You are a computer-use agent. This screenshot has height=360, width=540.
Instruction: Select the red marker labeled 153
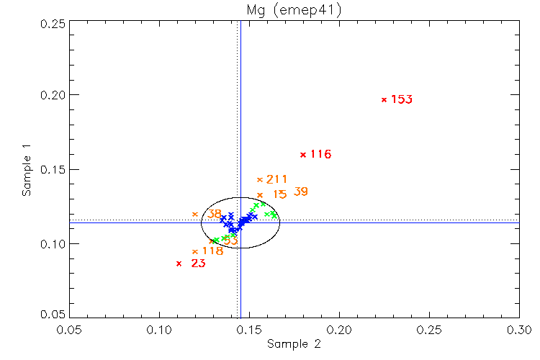[x=384, y=99]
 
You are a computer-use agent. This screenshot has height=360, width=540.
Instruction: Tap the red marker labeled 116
[x=303, y=154]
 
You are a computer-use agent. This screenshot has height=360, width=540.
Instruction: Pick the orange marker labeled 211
[x=260, y=179]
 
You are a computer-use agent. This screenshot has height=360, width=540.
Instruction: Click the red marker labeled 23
[x=179, y=264]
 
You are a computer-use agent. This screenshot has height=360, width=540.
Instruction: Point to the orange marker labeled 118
[x=195, y=251]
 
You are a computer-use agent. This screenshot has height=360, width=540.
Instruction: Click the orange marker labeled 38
[x=195, y=214]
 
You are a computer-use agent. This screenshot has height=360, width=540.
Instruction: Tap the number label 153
[x=402, y=99]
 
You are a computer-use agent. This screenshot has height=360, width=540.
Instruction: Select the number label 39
[x=301, y=192]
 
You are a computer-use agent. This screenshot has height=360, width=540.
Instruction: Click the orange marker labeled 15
[x=260, y=195]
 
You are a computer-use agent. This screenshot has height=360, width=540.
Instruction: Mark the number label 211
[x=277, y=179]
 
